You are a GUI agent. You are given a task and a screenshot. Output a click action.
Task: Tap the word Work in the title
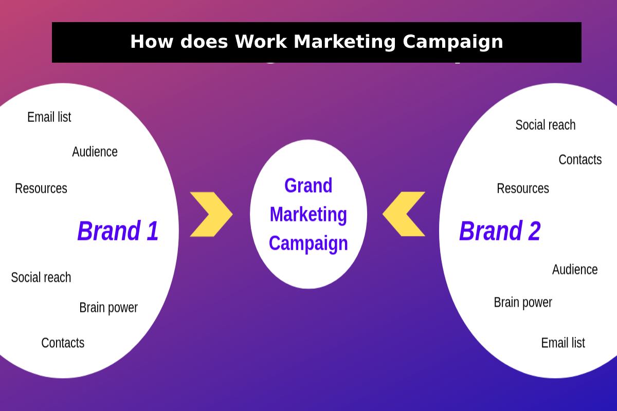(x=261, y=42)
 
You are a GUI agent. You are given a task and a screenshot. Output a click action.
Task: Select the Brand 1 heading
(x=118, y=231)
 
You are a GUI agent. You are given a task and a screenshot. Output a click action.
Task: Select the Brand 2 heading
(x=500, y=231)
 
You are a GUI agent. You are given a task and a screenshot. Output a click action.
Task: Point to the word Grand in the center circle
(x=308, y=185)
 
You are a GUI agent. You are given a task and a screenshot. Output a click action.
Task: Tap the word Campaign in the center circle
(x=308, y=244)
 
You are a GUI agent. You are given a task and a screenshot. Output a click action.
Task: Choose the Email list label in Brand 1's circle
(x=49, y=117)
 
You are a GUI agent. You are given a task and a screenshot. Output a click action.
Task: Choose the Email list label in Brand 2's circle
(x=563, y=343)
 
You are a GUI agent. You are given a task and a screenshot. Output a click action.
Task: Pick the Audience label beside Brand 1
(x=95, y=152)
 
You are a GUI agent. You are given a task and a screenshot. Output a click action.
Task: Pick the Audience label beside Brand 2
(x=575, y=270)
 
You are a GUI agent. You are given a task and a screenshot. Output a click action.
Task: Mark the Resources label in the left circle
(x=41, y=189)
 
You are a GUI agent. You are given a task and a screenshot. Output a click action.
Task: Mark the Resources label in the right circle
(x=523, y=189)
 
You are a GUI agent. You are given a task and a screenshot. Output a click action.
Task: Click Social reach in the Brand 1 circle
(x=41, y=277)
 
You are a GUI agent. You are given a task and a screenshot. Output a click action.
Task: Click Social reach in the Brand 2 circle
(x=546, y=125)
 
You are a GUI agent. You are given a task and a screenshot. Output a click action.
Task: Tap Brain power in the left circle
(x=108, y=308)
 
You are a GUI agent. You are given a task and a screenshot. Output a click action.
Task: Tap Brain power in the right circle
(x=523, y=303)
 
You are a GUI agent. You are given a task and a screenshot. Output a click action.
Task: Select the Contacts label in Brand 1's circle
(x=63, y=343)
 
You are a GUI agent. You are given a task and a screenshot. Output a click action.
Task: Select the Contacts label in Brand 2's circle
(x=580, y=160)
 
